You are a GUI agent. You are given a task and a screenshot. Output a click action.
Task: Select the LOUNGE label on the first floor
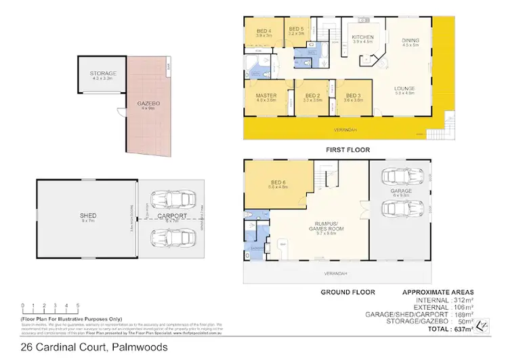tap(405, 89)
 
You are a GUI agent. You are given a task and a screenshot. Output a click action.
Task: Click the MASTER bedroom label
tap(266, 96)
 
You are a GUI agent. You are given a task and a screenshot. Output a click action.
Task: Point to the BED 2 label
tap(312, 96)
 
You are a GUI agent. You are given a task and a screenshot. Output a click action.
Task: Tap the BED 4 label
tap(264, 31)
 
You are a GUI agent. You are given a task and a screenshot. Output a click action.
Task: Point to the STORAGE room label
tap(104, 73)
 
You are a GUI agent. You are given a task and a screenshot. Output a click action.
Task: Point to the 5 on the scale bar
tap(78, 306)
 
